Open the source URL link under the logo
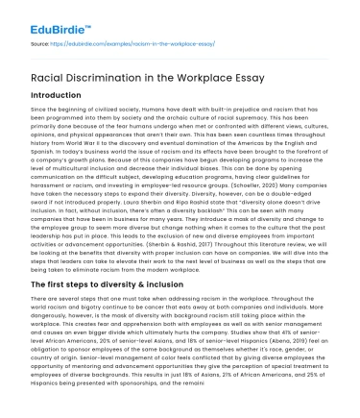coord(106,45)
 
